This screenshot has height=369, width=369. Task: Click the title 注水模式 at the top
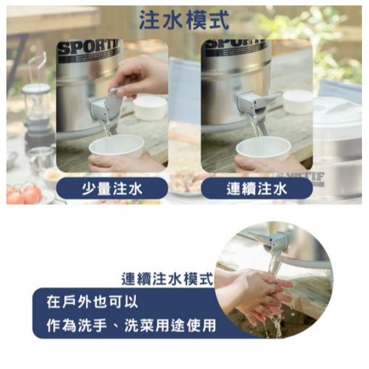pos(184,20)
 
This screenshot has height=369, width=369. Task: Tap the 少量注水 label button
pos(112,188)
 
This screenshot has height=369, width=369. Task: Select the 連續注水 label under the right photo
pos(257,188)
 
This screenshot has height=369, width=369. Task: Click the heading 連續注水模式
pos(167,279)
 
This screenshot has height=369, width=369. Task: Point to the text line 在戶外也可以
pos(92,302)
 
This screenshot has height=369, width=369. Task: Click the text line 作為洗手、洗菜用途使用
pos(131,325)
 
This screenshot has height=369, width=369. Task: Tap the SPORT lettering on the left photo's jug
pos(88,48)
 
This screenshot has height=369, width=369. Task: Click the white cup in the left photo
pos(117,145)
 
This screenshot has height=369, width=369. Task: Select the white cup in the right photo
pos(263,149)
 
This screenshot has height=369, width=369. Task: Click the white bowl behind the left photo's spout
pos(150,108)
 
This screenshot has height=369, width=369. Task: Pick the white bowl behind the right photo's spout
pos(297,102)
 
